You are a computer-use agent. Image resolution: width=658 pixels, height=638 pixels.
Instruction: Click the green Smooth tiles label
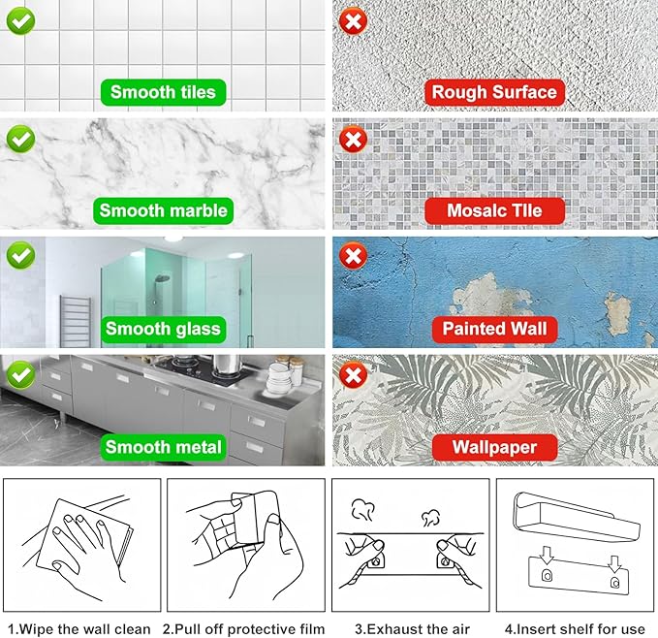163,92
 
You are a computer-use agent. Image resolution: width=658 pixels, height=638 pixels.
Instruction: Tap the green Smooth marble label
163,210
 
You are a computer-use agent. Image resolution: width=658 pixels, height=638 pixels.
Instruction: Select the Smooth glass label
163,329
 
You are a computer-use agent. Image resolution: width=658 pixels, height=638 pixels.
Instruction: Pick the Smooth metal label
163,447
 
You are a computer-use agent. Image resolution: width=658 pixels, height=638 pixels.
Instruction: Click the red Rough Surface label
494,92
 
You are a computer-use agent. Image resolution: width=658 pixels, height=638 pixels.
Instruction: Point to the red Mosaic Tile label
494,210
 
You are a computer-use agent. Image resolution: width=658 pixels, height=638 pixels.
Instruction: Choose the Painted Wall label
494,329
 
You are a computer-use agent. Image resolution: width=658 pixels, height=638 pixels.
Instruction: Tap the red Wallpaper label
494,447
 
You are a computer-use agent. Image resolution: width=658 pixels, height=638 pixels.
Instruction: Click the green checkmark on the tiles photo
20,21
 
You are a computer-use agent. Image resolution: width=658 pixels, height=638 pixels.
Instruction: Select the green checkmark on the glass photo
20,255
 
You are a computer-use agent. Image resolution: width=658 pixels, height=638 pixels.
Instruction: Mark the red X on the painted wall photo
353,255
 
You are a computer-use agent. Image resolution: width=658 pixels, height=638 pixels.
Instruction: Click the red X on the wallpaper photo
353,374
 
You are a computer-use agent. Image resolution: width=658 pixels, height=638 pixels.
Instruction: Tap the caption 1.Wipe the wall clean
79,629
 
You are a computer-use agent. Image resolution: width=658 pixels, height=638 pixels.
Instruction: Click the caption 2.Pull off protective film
244,629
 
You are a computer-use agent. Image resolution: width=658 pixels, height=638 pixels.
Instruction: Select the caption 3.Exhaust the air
412,629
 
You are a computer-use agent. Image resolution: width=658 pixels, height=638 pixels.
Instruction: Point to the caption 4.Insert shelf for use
575,629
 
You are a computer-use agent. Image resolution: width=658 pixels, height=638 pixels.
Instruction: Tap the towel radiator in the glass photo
76,321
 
